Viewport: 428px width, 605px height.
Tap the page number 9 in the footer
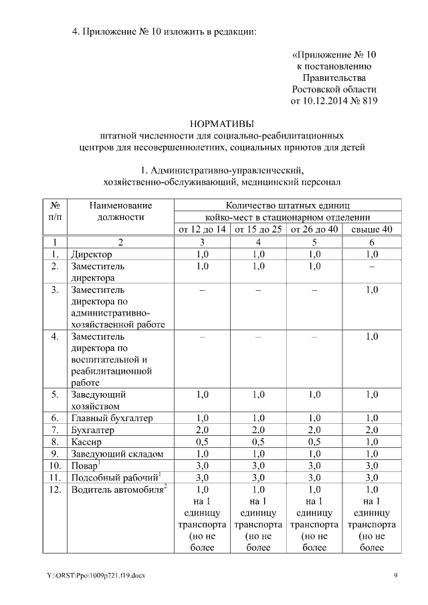(x=395, y=576)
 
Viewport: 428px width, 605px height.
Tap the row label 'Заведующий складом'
(x=117, y=454)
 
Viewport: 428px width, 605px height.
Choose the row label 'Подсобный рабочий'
(x=114, y=478)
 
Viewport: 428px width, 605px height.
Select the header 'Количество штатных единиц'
(x=288, y=205)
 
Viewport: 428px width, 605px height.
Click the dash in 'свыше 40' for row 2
(x=372, y=267)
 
